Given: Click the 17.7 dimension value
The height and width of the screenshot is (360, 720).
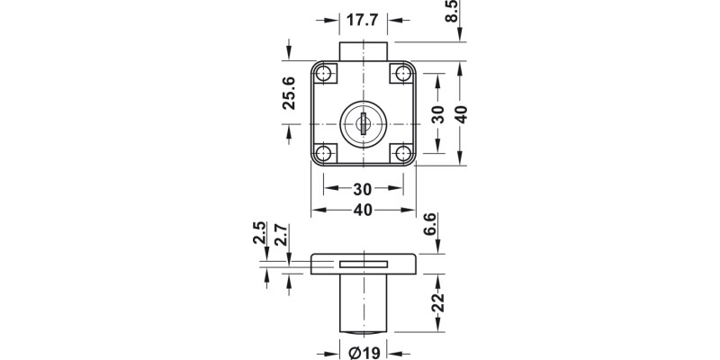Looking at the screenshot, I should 364,19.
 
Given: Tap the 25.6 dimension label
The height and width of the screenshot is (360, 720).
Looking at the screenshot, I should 289,93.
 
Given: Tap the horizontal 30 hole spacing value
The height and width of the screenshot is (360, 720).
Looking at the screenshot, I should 364,189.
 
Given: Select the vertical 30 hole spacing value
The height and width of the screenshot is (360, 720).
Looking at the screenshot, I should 437,114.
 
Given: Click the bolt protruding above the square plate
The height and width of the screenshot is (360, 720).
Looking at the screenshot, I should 364,50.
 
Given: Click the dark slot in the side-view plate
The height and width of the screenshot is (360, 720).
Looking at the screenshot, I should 364,264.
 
